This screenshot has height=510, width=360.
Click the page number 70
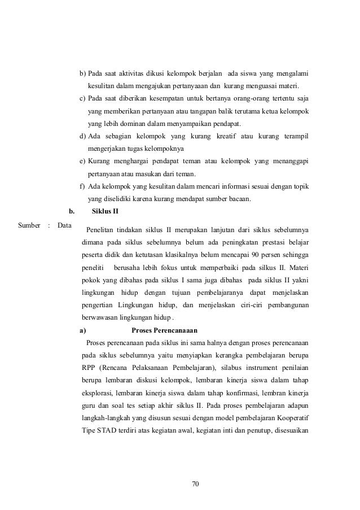coord(196,484)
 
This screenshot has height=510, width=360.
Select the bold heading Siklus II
coord(105,212)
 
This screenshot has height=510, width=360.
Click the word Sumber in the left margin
coord(29,225)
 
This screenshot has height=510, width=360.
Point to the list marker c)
coord(83,99)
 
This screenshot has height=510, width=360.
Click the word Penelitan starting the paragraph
coord(102,230)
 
